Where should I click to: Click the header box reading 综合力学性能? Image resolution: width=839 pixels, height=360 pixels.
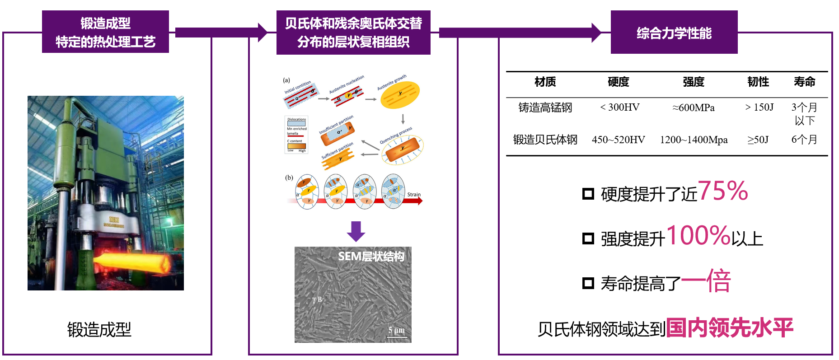pyautogui.click(x=674, y=33)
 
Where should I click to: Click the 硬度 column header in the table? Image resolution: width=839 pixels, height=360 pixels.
pyautogui.click(x=618, y=82)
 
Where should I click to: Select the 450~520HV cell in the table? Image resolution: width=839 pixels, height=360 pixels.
pyautogui.click(x=618, y=140)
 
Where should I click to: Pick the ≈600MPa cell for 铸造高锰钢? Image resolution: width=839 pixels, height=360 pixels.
pyautogui.click(x=694, y=108)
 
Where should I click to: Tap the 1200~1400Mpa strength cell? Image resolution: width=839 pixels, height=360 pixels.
pyautogui.click(x=694, y=140)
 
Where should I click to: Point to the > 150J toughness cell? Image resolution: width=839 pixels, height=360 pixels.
pyautogui.click(x=759, y=108)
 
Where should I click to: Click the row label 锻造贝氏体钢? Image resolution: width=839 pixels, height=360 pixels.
pyautogui.click(x=545, y=140)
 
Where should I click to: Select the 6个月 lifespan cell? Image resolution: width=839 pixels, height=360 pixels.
pyautogui.click(x=804, y=140)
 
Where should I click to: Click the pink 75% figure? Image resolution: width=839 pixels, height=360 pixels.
pyautogui.click(x=723, y=191)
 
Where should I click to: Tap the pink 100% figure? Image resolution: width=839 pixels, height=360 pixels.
pyautogui.click(x=698, y=235)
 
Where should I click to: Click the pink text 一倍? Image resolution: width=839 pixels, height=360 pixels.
pyautogui.click(x=706, y=281)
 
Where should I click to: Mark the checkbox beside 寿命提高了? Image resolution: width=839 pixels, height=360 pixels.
pyautogui.click(x=588, y=283)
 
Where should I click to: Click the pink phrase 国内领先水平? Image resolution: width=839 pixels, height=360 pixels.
pyautogui.click(x=729, y=327)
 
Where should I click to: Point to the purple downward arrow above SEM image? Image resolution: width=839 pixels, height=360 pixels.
pyautogui.click(x=356, y=231)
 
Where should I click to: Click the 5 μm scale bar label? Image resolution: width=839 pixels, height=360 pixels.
pyautogui.click(x=396, y=330)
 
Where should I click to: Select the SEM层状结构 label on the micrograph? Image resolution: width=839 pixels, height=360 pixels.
pyautogui.click(x=371, y=257)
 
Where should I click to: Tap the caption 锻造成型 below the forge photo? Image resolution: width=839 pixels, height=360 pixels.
pyautogui.click(x=99, y=330)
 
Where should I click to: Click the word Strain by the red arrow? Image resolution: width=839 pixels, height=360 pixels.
pyautogui.click(x=414, y=195)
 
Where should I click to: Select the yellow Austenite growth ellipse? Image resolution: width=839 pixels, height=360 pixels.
pyautogui.click(x=400, y=94)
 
